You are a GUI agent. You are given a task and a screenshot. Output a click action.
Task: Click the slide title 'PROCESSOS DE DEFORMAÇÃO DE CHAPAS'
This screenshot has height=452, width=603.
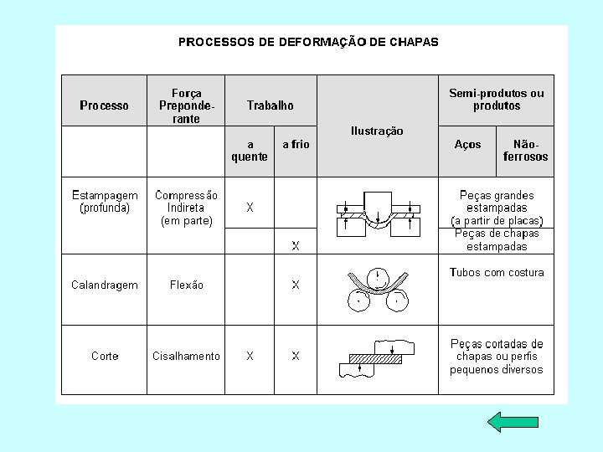tap(308, 41)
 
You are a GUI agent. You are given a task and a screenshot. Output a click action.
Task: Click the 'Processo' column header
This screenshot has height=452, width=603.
tap(105, 105)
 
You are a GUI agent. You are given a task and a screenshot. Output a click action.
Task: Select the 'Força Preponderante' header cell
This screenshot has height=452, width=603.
tap(186, 105)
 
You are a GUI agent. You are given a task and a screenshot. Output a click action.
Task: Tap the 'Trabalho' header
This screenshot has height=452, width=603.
tap(271, 105)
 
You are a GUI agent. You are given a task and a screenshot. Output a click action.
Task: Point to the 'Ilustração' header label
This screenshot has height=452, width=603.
tap(377, 131)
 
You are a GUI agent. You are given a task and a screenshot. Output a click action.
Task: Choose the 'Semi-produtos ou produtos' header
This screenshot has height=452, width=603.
tap(496, 99)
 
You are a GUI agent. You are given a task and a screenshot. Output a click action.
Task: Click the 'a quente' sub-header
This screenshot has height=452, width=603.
tap(250, 150)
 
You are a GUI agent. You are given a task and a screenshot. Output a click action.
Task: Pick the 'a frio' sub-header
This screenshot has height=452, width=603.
tap(296, 144)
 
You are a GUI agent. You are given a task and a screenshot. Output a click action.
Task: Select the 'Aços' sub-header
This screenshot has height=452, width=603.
tap(467, 144)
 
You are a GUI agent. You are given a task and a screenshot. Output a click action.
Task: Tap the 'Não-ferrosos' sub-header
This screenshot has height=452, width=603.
tap(525, 150)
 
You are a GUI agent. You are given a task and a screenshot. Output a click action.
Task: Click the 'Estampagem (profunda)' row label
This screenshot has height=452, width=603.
tap(105, 202)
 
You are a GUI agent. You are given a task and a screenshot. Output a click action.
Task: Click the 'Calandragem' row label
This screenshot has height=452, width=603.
tap(105, 285)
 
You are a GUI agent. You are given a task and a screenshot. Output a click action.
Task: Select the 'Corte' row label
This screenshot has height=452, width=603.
tap(105, 356)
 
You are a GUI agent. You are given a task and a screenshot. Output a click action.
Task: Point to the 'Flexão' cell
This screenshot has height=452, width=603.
tap(186, 285)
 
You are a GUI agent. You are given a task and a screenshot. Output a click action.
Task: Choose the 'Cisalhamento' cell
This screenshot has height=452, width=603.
tap(186, 356)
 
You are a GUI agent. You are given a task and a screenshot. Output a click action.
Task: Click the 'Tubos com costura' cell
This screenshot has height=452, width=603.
tap(497, 272)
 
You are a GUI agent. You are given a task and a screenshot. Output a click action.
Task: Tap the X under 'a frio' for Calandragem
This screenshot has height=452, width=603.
tap(296, 285)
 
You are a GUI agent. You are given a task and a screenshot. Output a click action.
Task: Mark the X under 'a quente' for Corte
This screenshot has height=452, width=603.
tap(250, 356)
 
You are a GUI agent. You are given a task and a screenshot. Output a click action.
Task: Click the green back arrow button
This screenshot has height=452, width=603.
tap(508, 421)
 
